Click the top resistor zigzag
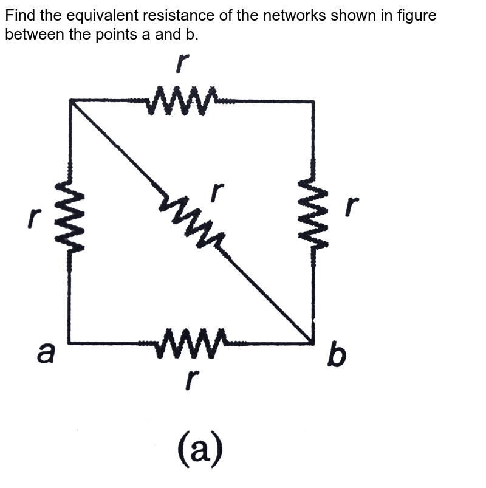click(x=182, y=100)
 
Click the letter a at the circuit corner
click(x=47, y=352)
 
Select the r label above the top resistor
click(x=182, y=64)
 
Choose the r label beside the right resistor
click(x=352, y=207)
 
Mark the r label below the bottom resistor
click(x=191, y=379)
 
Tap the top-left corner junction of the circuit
click(x=70, y=101)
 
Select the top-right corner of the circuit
click(x=313, y=101)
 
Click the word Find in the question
click(x=19, y=15)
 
